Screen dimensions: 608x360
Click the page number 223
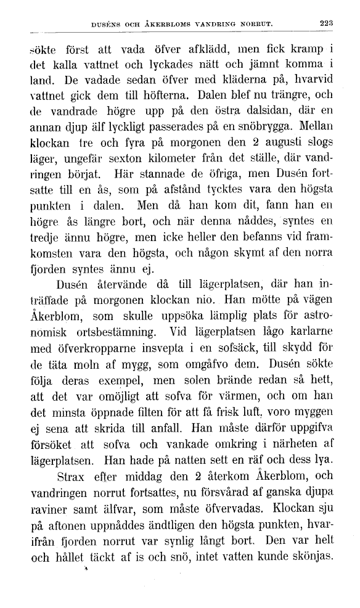[x=325, y=24]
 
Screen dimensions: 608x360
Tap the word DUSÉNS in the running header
[x=105, y=25]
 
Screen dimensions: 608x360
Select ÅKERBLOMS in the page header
[x=169, y=25]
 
